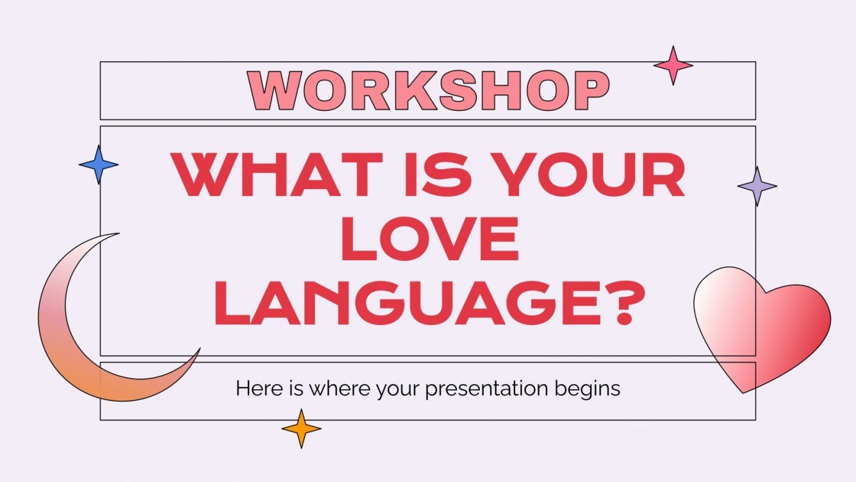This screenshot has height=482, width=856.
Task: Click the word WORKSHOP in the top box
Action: click(x=428, y=90)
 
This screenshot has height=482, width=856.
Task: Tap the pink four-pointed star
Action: click(x=673, y=65)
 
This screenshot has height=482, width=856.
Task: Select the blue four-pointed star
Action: click(x=99, y=165)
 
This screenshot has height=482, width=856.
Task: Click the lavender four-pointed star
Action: click(x=757, y=186)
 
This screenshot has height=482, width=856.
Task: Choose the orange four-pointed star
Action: click(x=301, y=428)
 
